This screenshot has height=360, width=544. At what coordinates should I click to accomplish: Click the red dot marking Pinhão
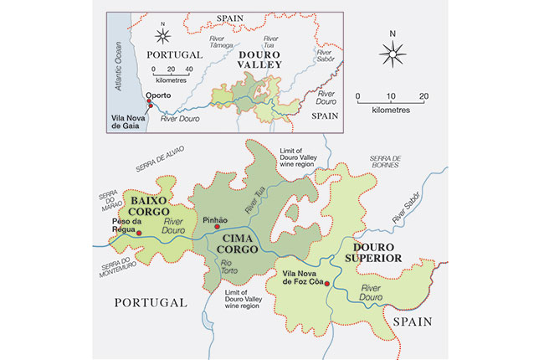tap(216, 226)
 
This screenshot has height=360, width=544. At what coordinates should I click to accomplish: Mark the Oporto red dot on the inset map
tap(149, 103)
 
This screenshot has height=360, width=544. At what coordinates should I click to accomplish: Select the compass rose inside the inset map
tap(162, 35)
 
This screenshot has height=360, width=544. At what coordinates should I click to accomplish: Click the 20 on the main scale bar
tap(423, 95)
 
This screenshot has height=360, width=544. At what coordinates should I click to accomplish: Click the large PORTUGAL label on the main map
tap(151, 301)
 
